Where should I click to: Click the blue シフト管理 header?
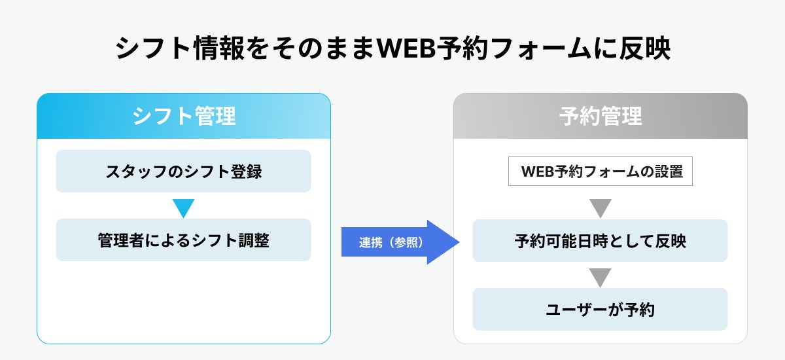tap(184, 117)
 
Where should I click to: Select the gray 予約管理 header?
tap(601, 117)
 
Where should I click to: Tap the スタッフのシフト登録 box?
tap(183, 171)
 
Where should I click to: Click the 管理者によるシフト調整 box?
tap(183, 240)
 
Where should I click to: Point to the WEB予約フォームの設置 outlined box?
tap(601, 172)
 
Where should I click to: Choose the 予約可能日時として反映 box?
tap(601, 241)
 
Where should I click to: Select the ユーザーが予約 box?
tap(601, 310)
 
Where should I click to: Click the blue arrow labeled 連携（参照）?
tap(399, 242)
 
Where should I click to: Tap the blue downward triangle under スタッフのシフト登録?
tap(183, 207)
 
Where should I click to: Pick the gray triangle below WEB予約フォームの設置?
tap(600, 208)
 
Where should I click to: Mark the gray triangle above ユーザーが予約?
tap(600, 277)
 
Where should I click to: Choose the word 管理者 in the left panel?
tap(119, 240)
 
